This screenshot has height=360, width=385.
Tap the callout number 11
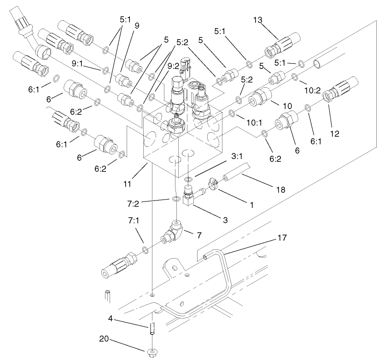point(128,183)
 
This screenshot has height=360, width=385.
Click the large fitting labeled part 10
point(258,98)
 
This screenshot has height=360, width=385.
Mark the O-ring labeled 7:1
point(146,249)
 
